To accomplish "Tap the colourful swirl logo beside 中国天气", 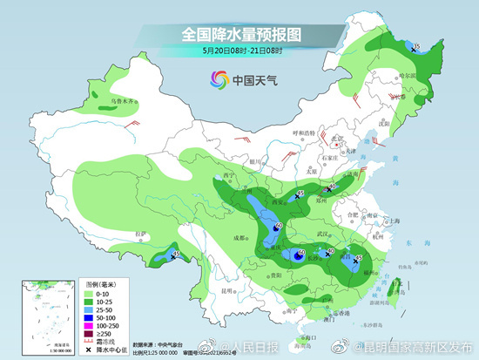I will (215, 80).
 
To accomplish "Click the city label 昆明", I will (227, 290).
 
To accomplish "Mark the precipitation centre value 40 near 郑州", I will (332, 186).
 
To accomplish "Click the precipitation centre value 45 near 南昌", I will (358, 258).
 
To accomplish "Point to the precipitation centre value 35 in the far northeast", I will (416, 47).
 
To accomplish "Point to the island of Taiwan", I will (397, 288).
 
